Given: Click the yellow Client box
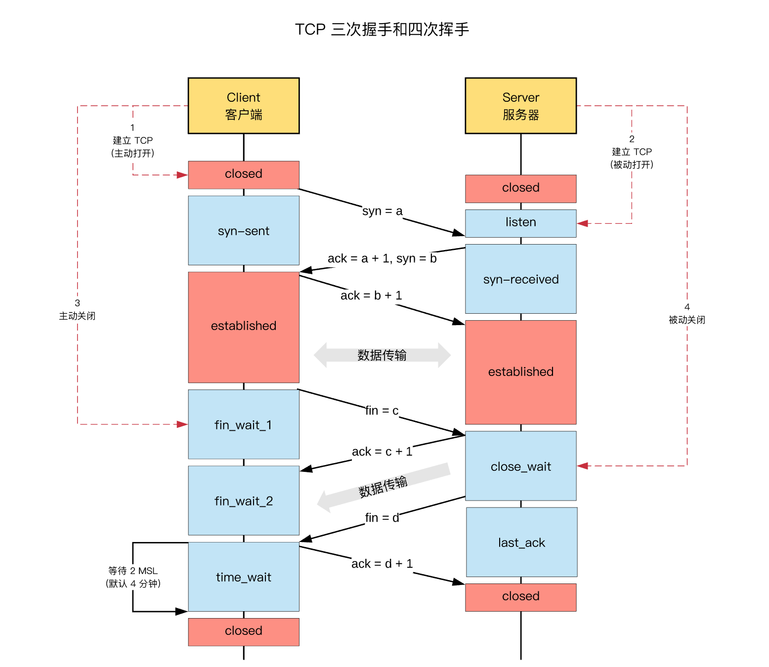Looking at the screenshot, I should [x=244, y=106].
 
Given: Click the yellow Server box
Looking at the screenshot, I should [x=520, y=106].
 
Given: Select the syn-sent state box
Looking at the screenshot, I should [x=244, y=231].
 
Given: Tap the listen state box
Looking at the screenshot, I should [x=520, y=223].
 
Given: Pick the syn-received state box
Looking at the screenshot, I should [x=520, y=279].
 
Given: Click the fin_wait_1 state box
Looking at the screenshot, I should [x=244, y=425].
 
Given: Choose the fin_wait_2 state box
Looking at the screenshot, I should [x=244, y=500].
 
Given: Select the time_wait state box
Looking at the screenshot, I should [x=244, y=577].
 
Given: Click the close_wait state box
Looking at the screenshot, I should [x=520, y=466].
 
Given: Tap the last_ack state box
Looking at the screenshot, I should [x=521, y=542].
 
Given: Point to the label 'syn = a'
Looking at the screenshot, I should [x=382, y=211].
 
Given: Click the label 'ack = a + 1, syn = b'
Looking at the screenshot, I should [x=382, y=258].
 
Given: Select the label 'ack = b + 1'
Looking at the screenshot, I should [x=371, y=295].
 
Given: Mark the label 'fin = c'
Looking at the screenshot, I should [x=382, y=411].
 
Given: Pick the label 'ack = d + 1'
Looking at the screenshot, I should [x=382, y=564].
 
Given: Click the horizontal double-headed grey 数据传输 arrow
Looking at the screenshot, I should [x=382, y=355].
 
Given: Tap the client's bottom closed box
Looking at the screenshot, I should [x=244, y=631].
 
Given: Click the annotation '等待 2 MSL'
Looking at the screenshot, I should [x=133, y=571].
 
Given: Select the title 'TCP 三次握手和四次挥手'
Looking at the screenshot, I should [x=382, y=30].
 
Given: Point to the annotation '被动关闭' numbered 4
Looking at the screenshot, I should [x=686, y=320].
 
